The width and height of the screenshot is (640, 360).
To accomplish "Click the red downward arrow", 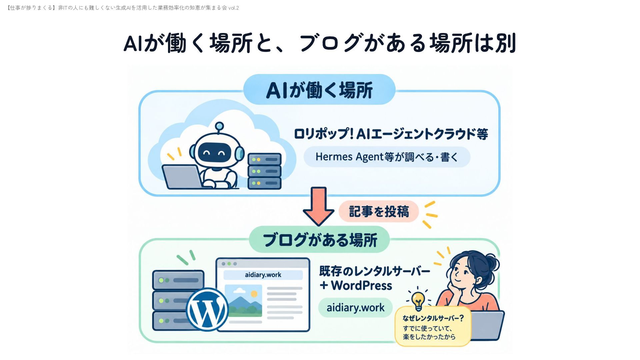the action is [x=318, y=206].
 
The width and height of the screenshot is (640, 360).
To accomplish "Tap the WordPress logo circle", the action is [x=207, y=309].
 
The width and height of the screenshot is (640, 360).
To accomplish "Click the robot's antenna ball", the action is [x=219, y=126].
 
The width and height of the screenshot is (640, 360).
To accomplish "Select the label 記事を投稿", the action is [x=379, y=212].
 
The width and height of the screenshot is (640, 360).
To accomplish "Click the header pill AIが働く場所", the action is [x=319, y=90].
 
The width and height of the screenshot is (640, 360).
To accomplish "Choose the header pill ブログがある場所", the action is [x=319, y=240].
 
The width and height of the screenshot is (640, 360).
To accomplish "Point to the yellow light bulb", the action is [x=418, y=300].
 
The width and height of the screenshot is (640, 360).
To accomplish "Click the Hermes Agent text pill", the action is [x=387, y=157].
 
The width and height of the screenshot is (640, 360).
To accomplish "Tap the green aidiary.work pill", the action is [x=355, y=308].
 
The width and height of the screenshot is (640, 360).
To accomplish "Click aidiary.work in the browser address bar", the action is [x=263, y=275].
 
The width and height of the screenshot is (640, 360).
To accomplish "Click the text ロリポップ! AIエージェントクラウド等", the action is [x=391, y=134].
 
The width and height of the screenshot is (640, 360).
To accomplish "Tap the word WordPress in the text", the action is [x=362, y=286].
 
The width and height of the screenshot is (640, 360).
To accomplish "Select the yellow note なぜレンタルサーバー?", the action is [x=433, y=327].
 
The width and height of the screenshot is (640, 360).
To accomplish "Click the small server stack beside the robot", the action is [x=265, y=171].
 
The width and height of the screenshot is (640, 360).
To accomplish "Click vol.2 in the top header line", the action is [x=233, y=8].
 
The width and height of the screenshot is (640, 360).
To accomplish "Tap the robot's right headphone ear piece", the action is [x=239, y=153].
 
